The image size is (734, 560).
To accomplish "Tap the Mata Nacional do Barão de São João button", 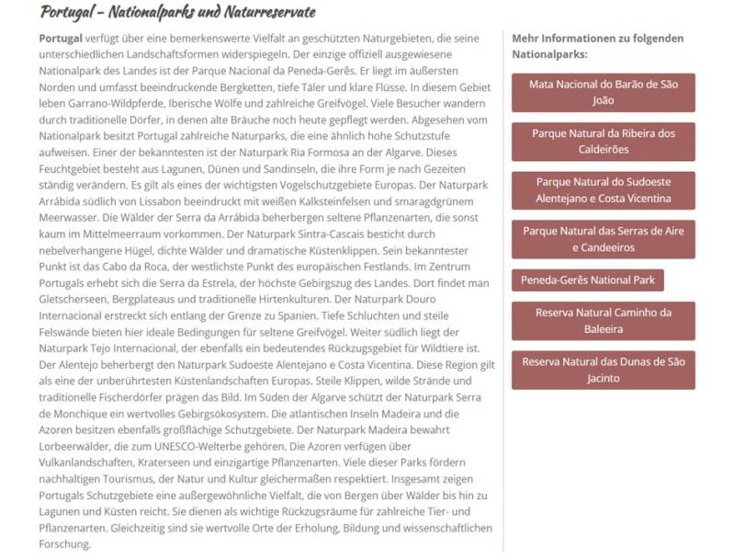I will point(603,92).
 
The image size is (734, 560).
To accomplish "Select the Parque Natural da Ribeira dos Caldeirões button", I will point(603,141).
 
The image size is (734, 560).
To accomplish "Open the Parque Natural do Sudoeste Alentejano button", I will point(603,190).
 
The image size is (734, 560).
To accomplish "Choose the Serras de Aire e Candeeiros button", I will point(603,239).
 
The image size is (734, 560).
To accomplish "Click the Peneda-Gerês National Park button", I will point(587,280).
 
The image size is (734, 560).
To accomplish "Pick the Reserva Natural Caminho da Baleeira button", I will point(603,320).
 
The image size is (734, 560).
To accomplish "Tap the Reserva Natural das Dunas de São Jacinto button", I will point(603,370).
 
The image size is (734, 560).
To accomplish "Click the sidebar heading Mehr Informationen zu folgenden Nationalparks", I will point(597,46).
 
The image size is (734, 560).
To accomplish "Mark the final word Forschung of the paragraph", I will point(65,545).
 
